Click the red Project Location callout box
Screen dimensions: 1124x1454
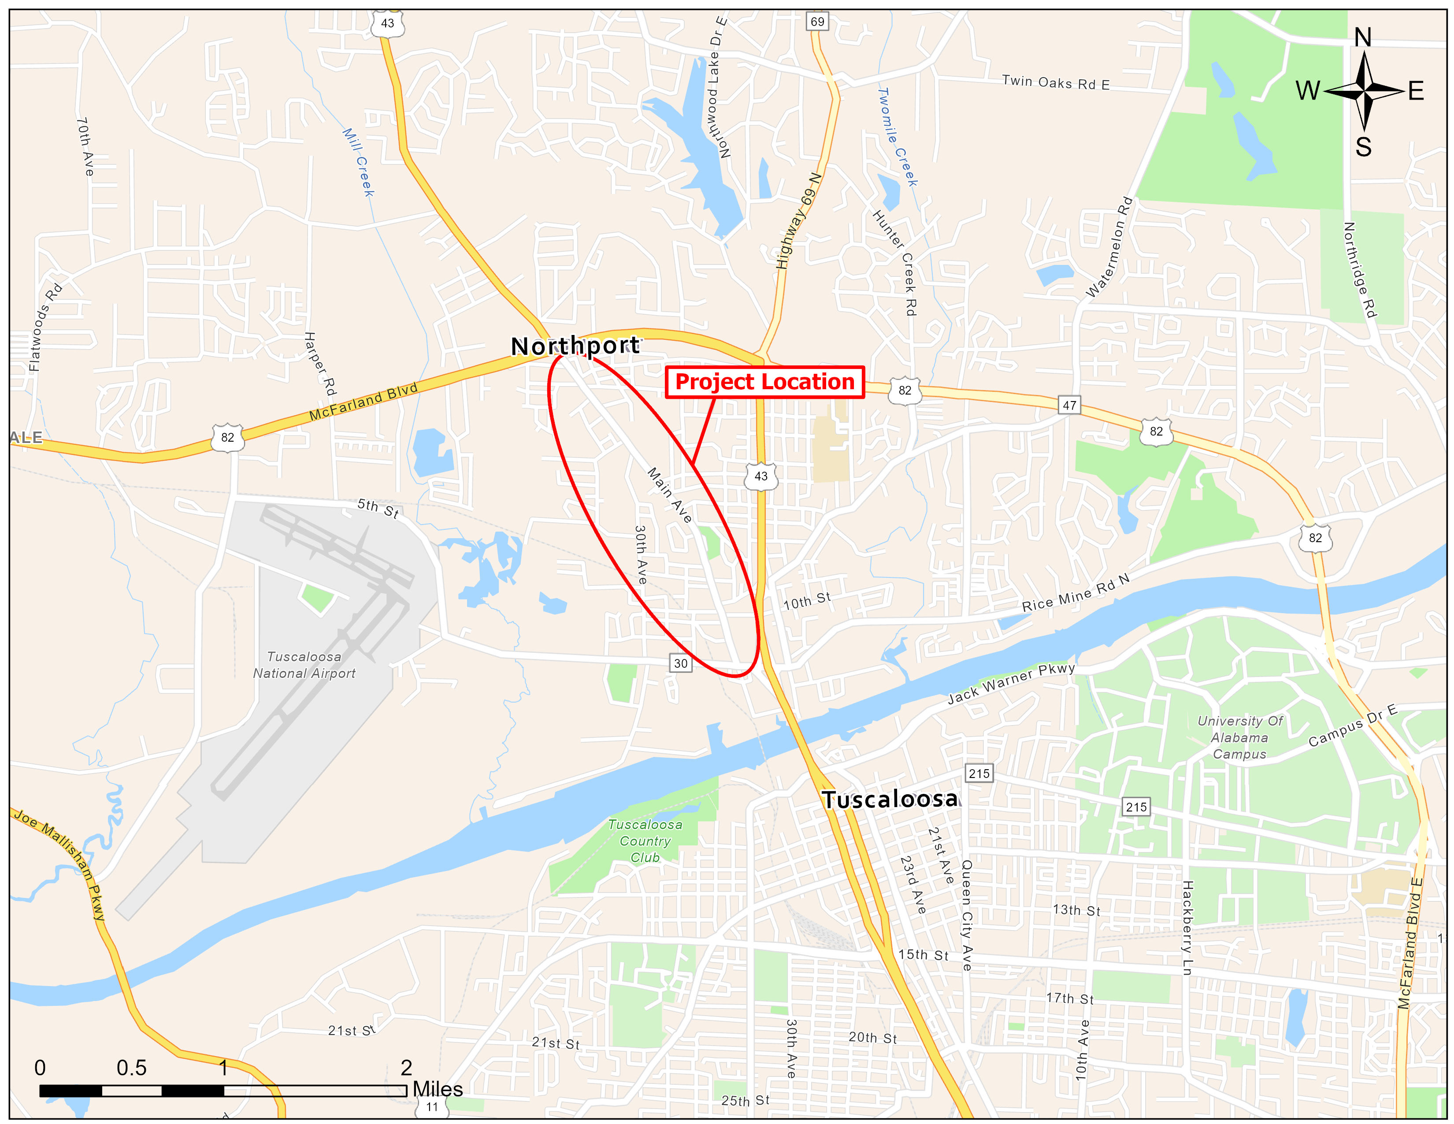764,382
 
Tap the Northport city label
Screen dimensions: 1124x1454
575,346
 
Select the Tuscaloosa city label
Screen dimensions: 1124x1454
890,799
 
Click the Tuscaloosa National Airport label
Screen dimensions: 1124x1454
304,665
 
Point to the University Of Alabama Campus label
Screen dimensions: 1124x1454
1239,737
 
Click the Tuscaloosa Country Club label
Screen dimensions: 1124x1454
645,841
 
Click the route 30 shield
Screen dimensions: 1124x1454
680,663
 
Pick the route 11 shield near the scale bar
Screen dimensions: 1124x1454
432,1107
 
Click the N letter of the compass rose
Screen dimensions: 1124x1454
1363,38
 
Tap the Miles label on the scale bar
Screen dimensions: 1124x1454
438,1089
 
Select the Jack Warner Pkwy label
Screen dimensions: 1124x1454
1011,683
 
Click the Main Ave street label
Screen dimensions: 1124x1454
670,495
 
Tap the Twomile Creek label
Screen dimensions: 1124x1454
898,137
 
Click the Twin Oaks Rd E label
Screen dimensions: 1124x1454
1056,82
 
